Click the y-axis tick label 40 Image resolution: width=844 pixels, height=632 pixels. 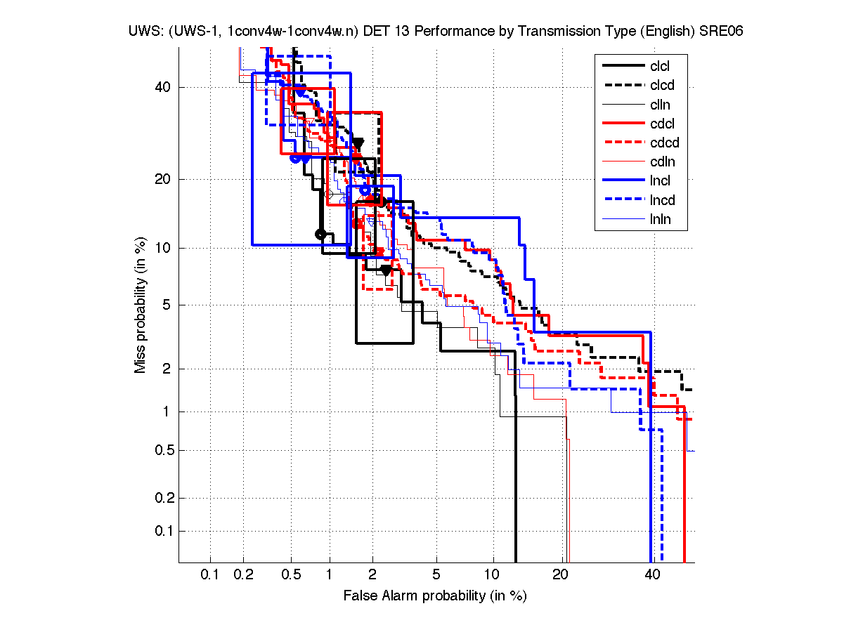coord(164,87)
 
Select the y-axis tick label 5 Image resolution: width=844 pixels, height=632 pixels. coord(167,305)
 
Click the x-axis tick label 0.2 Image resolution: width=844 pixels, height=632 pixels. coord(244,575)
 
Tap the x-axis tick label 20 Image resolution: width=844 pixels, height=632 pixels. coord(559,575)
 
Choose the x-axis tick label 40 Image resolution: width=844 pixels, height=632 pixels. coord(652,575)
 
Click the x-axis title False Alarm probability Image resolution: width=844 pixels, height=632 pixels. coord(435,596)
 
